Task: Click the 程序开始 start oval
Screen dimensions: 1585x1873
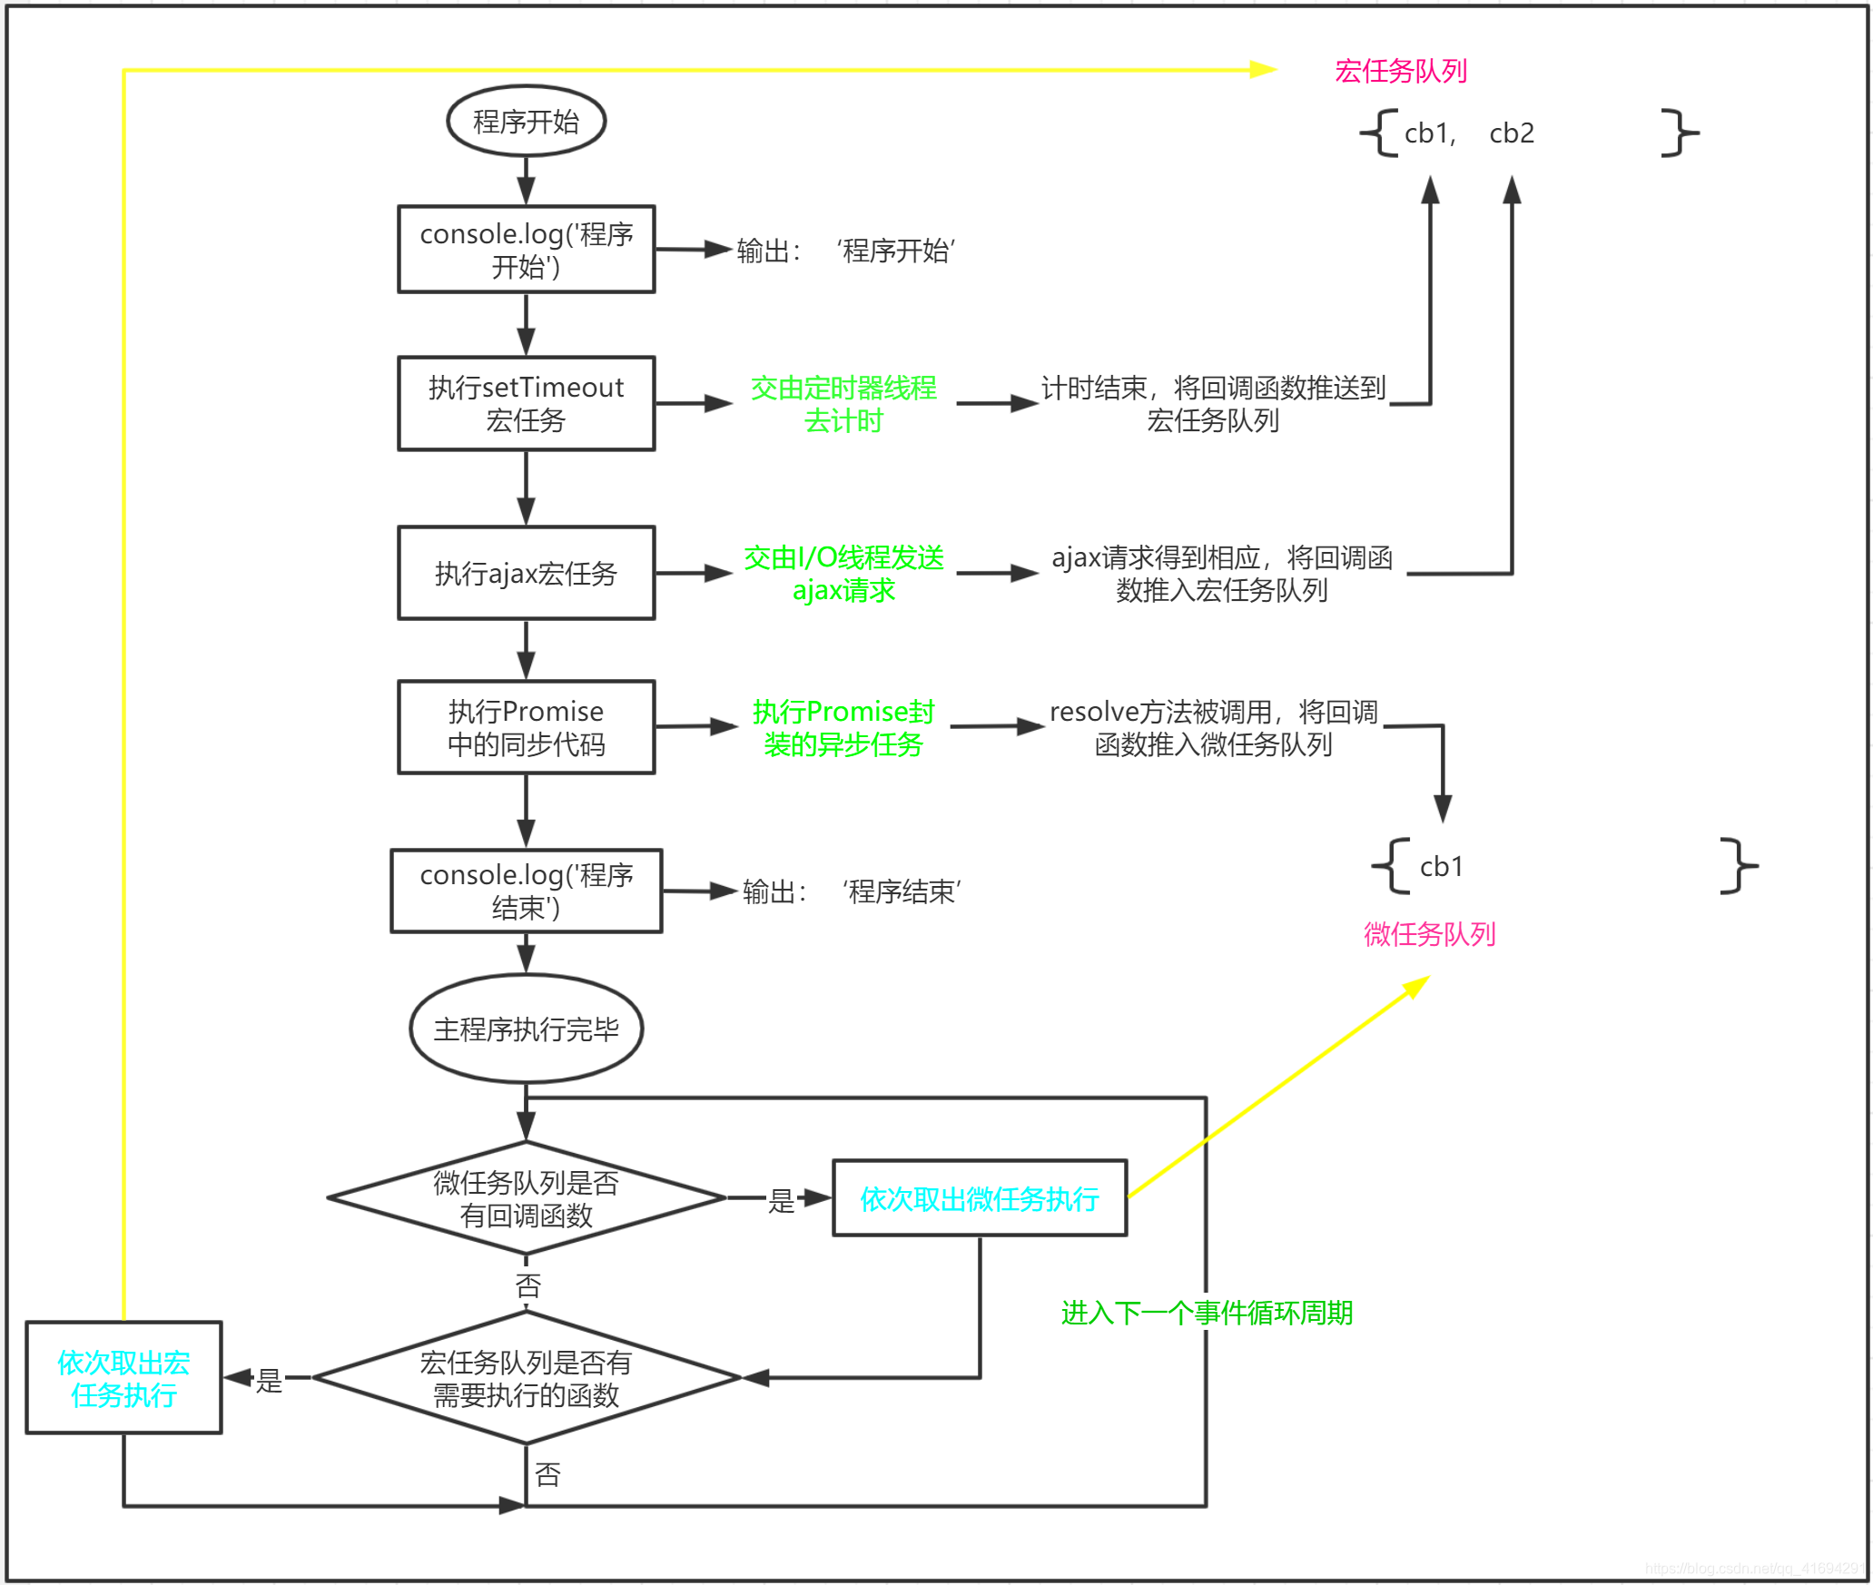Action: coord(526,121)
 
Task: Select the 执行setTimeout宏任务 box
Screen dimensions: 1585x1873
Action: coord(526,403)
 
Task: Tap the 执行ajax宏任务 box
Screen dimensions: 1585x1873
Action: coord(526,573)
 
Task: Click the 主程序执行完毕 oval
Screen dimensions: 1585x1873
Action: coord(526,1029)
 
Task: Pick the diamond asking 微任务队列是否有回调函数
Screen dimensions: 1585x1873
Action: coord(526,1198)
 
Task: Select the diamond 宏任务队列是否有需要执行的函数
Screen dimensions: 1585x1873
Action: coord(526,1378)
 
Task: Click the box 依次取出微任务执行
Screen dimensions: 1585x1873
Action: coord(979,1198)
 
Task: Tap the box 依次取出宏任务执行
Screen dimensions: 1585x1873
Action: coord(123,1378)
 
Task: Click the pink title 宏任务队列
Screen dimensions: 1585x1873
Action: coord(1400,71)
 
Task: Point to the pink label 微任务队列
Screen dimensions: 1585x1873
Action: coord(1429,933)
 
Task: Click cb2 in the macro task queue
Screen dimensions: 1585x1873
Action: coord(1511,133)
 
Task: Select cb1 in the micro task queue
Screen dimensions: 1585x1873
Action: coord(1441,867)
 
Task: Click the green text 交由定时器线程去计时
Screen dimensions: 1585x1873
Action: coord(843,404)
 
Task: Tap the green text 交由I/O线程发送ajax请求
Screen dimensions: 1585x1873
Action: coord(843,573)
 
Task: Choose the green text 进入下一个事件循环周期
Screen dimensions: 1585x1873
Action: coord(1207,1313)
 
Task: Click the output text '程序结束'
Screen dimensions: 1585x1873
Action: coord(901,891)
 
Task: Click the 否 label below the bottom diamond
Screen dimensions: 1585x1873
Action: coord(547,1474)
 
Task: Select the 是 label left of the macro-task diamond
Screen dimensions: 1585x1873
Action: coord(269,1381)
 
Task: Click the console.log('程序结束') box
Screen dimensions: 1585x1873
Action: coord(526,891)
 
